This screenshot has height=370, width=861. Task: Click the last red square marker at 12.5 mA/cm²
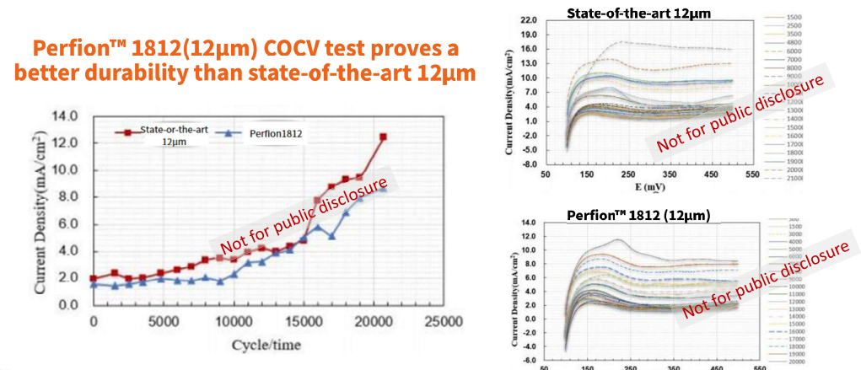click(x=383, y=137)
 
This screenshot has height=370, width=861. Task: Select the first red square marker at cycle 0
click(x=93, y=278)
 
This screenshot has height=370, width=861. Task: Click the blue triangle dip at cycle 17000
click(x=331, y=236)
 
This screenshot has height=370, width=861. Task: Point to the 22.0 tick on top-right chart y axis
click(x=529, y=19)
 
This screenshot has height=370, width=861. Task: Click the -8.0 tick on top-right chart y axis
click(x=529, y=164)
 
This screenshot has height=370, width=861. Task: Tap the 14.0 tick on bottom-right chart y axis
click(x=529, y=223)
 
